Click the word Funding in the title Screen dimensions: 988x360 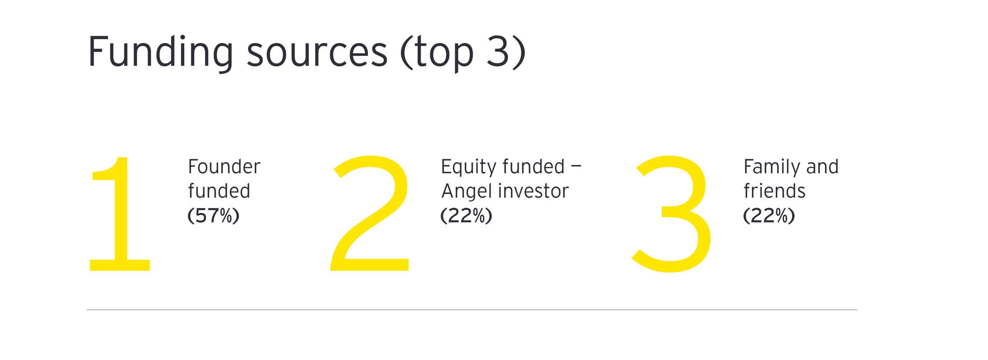[x=161, y=53]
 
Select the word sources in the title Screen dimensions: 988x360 [x=317, y=55]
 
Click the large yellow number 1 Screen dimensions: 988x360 [x=120, y=214]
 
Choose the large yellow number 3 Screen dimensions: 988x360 [x=672, y=214]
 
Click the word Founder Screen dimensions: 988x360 [x=224, y=166]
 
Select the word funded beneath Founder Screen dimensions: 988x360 [x=219, y=191]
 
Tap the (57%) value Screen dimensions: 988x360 [x=213, y=216]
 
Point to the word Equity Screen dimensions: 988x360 [x=468, y=167]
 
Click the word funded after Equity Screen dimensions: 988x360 [x=534, y=166]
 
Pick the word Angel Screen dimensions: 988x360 [x=464, y=192]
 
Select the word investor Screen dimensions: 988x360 [x=531, y=191]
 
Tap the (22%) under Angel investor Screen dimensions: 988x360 [x=466, y=216]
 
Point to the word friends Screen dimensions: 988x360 [x=774, y=191]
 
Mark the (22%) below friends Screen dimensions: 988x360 [x=769, y=216]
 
